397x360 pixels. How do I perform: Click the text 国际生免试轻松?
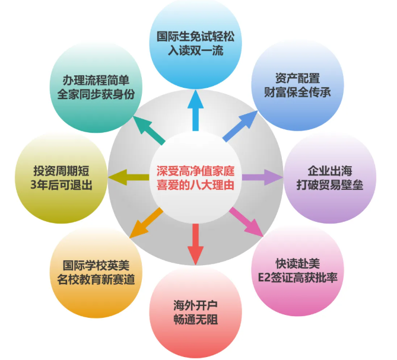click(195, 36)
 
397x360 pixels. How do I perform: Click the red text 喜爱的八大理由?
click(195, 184)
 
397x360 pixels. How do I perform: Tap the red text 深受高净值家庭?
click(195, 169)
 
